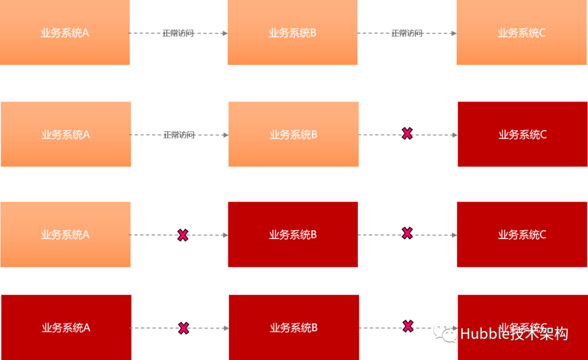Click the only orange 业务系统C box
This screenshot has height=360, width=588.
coord(522,33)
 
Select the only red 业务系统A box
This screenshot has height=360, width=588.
coord(66,327)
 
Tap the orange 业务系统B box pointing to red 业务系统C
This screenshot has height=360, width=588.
coord(293,134)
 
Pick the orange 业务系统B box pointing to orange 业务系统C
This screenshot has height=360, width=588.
coord(292,33)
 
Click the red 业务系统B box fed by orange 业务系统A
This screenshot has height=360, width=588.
coord(292,235)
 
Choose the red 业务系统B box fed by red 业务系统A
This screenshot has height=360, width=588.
coord(293,327)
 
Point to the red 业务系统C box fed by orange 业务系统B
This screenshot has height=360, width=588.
coord(522,134)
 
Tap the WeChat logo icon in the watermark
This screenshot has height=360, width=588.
coord(445,332)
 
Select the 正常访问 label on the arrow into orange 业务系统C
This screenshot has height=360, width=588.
coord(407,33)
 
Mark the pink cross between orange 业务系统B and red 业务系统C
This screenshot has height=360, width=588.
coord(407,133)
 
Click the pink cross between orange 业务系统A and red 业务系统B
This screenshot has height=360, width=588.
coord(183,235)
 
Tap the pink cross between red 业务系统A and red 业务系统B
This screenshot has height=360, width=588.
coord(183,328)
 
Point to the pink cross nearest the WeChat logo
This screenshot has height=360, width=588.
coord(408,326)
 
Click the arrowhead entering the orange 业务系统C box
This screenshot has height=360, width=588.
coord(453,33)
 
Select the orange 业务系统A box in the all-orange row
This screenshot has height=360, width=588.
coord(65,33)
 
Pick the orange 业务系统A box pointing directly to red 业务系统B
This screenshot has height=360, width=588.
coord(65,235)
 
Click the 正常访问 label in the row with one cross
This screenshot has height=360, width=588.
coord(179,135)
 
